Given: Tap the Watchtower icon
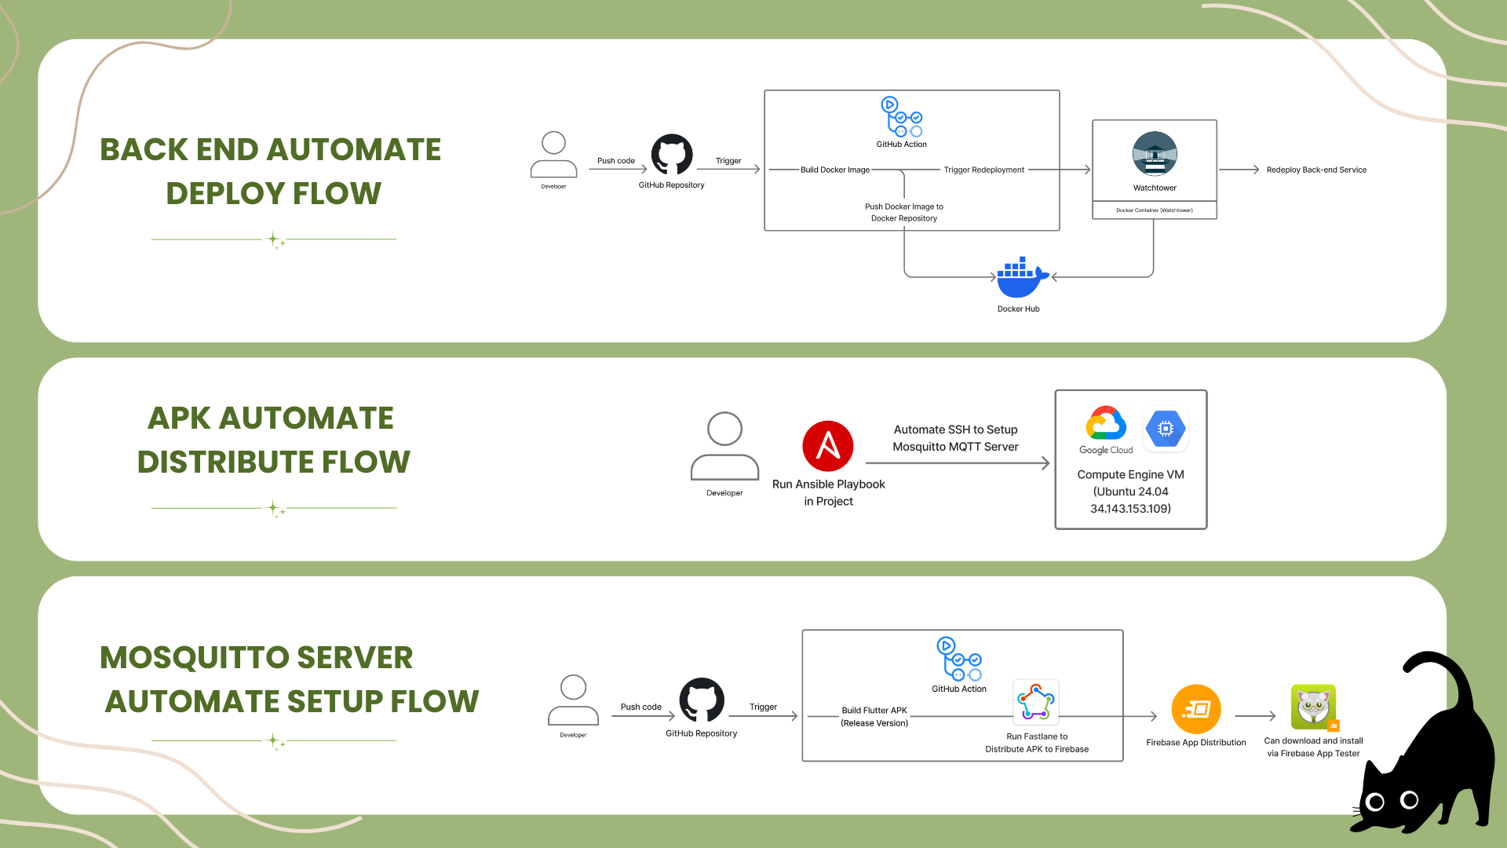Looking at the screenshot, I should (1155, 154).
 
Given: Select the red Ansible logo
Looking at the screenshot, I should (828, 446).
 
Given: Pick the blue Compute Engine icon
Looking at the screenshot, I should (1166, 429).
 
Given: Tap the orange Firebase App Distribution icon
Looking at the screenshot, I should (1196, 709).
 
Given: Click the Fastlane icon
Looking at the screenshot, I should (1036, 701).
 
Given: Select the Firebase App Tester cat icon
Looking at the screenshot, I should (1314, 706).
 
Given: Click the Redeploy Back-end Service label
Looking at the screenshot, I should (1316, 170).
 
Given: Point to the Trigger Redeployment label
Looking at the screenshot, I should (983, 170).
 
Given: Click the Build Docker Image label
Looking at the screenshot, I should (835, 170).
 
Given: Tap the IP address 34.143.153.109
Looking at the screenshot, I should (1129, 509).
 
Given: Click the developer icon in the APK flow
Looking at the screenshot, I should (724, 445).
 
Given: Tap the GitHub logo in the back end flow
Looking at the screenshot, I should (672, 154).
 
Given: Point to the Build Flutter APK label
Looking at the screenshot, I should (874, 711).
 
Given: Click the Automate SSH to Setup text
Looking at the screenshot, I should (955, 429).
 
